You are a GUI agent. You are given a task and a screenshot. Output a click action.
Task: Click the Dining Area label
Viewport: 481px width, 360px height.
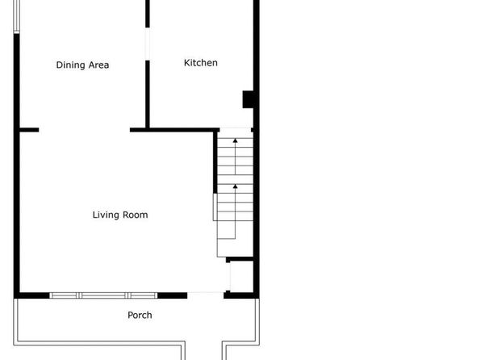pyautogui.click(x=82, y=65)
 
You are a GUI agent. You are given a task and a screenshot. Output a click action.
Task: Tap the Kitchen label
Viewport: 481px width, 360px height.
pyautogui.click(x=201, y=63)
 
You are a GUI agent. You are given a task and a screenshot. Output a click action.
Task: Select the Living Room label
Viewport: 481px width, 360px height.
pyautogui.click(x=120, y=215)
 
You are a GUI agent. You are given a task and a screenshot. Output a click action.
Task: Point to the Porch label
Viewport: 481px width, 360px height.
pyautogui.click(x=140, y=315)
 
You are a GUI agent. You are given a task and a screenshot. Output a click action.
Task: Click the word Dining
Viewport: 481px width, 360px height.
pyautogui.click(x=70, y=65)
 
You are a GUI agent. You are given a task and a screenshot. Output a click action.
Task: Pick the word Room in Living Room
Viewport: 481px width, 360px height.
pyautogui.click(x=136, y=215)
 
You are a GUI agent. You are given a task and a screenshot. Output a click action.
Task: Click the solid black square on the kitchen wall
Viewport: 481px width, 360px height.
pyautogui.click(x=249, y=99)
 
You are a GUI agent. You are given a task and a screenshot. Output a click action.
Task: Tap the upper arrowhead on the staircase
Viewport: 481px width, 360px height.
pyautogui.click(x=236, y=140)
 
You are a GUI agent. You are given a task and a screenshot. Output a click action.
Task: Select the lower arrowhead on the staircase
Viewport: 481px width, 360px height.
pyautogui.click(x=236, y=186)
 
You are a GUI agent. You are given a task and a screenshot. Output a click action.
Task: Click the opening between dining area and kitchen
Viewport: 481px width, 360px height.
pyautogui.click(x=148, y=44)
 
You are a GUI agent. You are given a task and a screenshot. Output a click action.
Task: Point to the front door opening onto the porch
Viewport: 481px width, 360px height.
pyautogui.click(x=206, y=295)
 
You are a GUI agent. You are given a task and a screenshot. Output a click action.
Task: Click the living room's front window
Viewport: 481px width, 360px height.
pyautogui.click(x=103, y=295)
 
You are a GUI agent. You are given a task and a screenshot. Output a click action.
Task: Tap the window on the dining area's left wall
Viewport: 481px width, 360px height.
pyautogui.click(x=17, y=16)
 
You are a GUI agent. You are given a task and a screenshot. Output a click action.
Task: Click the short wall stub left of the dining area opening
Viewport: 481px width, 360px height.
pyautogui.click(x=29, y=130)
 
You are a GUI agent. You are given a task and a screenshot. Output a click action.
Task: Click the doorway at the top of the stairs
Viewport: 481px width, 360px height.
pyautogui.click(x=236, y=129)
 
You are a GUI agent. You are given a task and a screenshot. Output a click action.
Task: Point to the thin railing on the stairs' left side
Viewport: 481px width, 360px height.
pyautogui.click(x=215, y=207)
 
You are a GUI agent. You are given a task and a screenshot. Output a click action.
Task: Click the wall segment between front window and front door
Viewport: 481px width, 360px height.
pyautogui.click(x=173, y=295)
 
